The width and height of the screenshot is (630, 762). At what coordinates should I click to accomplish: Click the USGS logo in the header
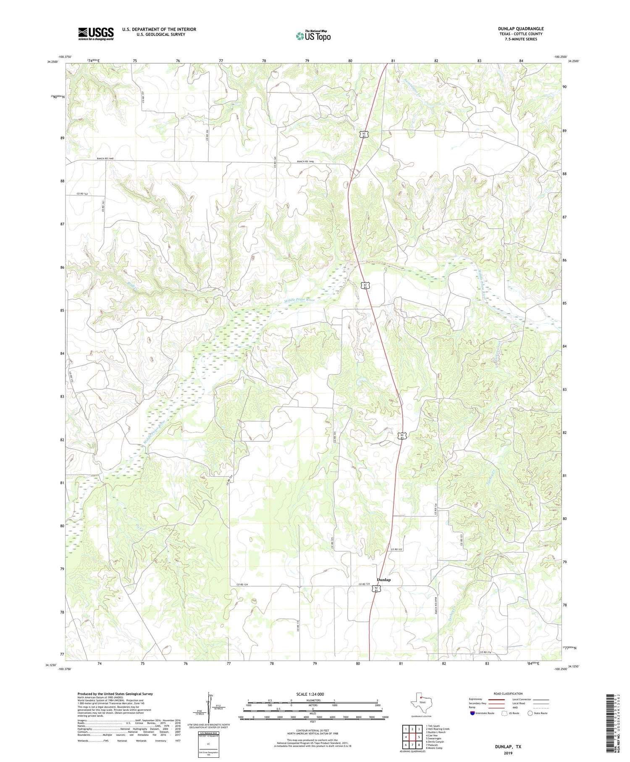[96, 34]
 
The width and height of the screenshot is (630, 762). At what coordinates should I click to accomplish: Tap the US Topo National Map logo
[313, 36]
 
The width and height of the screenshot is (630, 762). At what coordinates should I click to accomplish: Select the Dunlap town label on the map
[383, 580]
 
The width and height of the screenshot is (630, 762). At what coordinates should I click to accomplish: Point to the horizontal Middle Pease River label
[299, 301]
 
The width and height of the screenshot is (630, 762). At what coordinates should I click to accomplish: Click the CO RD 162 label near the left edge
[82, 194]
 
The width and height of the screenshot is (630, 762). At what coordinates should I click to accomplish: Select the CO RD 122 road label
[396, 549]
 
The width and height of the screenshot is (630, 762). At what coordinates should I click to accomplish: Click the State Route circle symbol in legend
[530, 713]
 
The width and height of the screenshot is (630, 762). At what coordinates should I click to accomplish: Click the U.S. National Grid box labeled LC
[208, 744]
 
